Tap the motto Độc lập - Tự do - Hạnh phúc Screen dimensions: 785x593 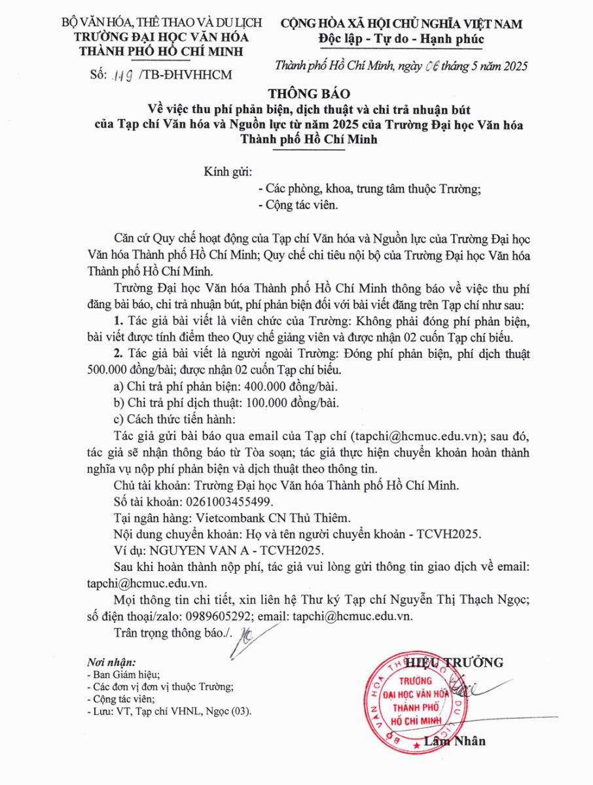[x=401, y=39]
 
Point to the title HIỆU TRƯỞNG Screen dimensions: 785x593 [x=454, y=662]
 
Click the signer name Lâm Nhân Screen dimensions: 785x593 [x=454, y=741]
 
